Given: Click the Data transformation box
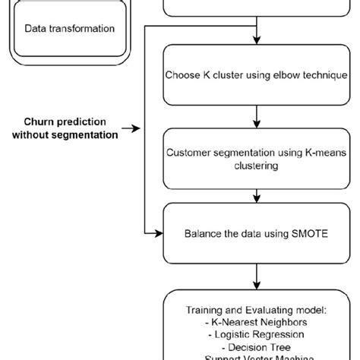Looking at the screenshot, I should (x=70, y=29).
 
